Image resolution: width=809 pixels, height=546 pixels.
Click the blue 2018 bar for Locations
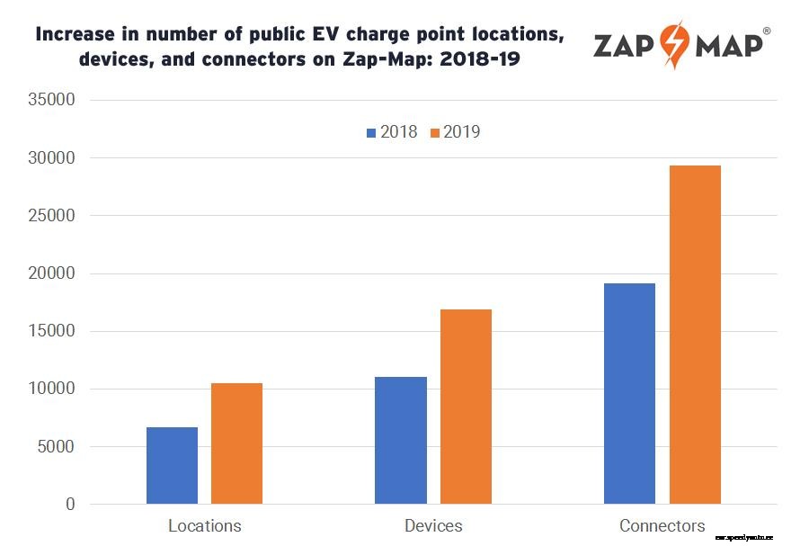click(172, 465)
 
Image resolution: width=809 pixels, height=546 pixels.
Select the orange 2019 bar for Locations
click(236, 443)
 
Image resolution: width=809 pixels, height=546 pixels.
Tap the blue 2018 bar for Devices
click(401, 440)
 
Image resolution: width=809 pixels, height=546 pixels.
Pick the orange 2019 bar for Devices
click(466, 407)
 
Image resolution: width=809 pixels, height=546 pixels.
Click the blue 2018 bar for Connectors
click(629, 393)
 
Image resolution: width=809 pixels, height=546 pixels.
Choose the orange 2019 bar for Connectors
click(695, 335)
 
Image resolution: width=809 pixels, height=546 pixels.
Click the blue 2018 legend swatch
click(370, 133)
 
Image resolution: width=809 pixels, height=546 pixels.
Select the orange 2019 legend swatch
click(435, 133)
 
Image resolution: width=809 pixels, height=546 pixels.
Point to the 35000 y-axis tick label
click(52, 100)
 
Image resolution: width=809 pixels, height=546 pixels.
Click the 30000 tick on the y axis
click(52, 158)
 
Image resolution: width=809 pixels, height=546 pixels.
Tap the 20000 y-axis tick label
click(52, 273)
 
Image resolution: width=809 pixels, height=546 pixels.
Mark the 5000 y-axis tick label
click(57, 447)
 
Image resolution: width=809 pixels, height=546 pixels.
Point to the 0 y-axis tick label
click(70, 505)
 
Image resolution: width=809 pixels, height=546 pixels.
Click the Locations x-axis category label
click(204, 526)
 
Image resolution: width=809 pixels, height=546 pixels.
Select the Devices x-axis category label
click(433, 526)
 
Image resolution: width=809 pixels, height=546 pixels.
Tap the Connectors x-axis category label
click(662, 526)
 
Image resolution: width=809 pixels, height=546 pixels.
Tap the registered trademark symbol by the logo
click(766, 31)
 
